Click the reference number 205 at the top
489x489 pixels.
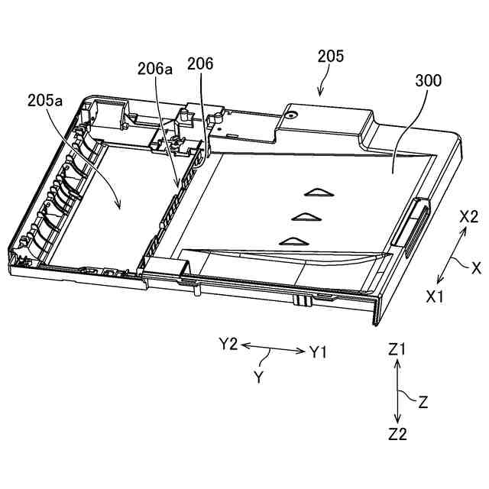[331, 56]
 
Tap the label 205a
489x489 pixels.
[44, 100]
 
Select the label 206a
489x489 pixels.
[155, 69]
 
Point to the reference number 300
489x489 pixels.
[428, 81]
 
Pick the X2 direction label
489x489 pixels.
[469, 217]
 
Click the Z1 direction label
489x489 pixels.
[397, 350]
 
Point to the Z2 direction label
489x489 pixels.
[397, 434]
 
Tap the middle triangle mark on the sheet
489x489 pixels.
[306, 218]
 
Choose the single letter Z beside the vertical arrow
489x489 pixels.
[423, 400]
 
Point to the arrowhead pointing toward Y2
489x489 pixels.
[245, 346]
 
